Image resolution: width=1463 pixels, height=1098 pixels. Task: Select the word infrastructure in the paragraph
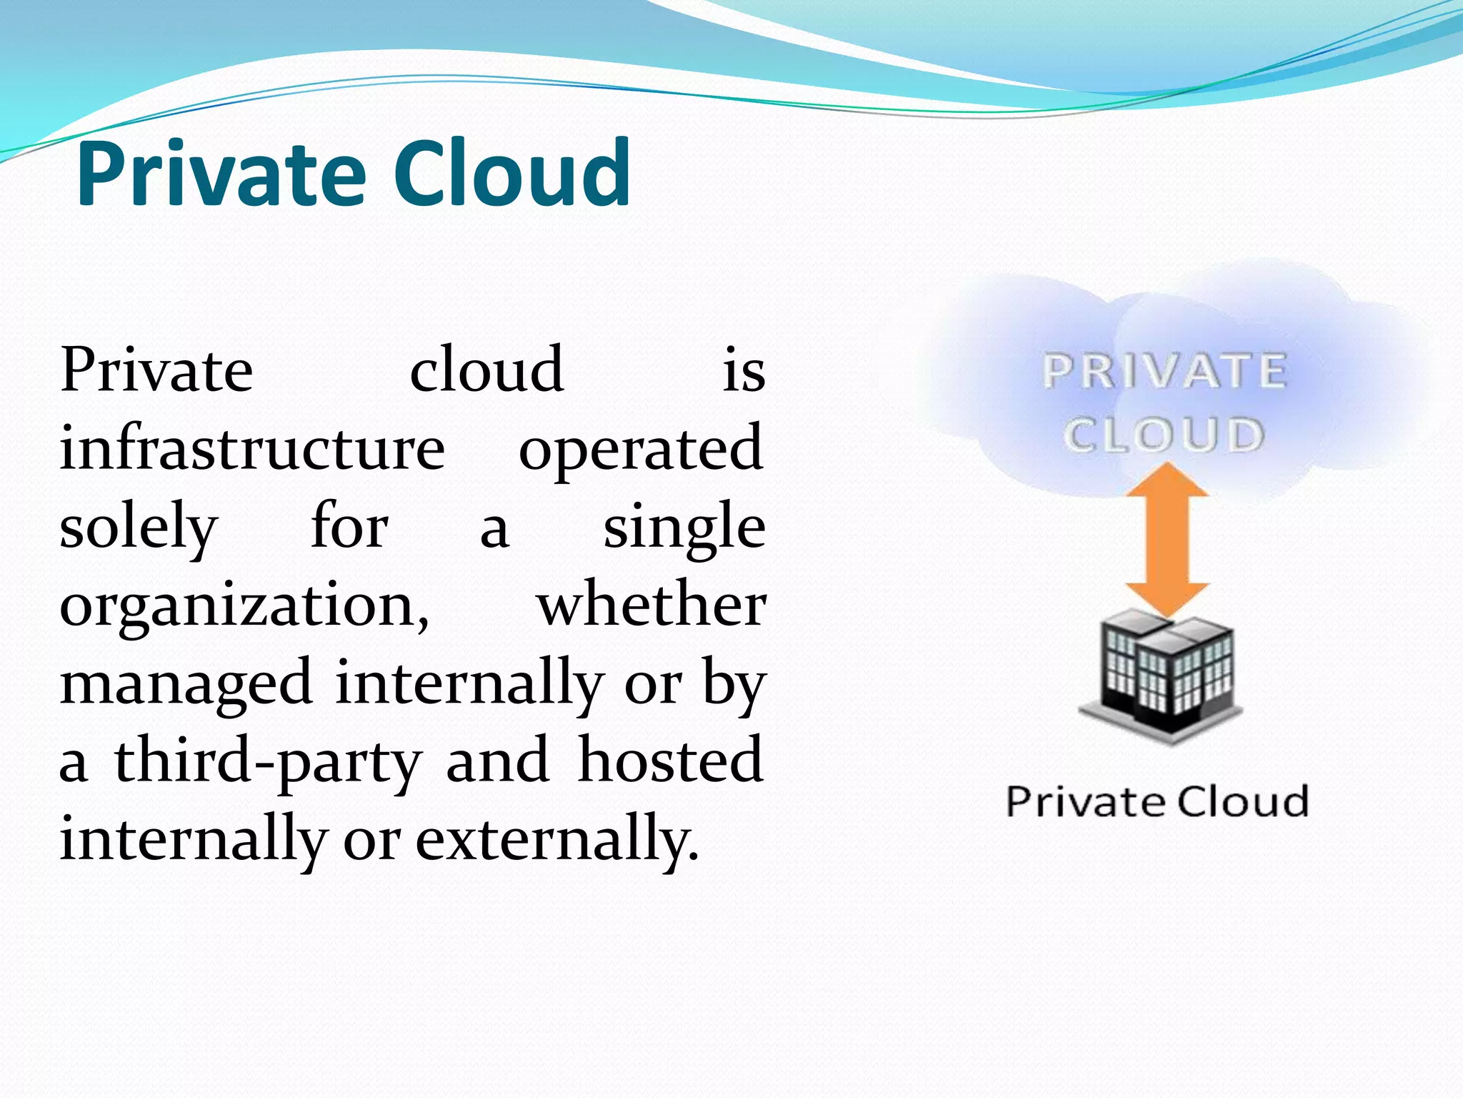(x=252, y=448)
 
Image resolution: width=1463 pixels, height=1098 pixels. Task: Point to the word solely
(x=138, y=528)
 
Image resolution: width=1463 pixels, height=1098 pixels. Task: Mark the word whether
(x=651, y=605)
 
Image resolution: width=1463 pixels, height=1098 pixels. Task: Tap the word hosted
(x=671, y=760)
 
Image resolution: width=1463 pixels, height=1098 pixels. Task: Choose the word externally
(x=556, y=839)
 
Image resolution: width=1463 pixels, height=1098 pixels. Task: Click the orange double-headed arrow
(x=1167, y=540)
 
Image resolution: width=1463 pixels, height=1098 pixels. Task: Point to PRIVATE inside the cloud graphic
(x=1164, y=372)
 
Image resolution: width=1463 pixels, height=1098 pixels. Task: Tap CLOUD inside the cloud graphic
(x=1164, y=435)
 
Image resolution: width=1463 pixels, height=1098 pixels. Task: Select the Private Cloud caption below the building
(x=1157, y=801)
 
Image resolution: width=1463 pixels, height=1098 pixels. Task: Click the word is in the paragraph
(x=744, y=372)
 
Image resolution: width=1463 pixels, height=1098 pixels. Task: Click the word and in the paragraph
(x=497, y=760)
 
